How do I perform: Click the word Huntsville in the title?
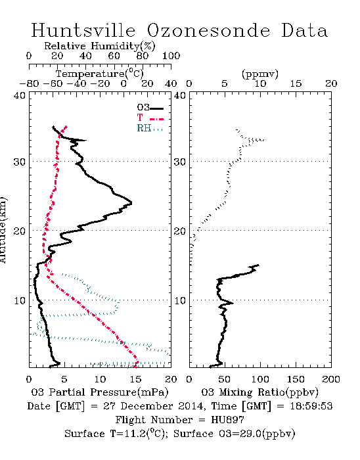pos(83,30)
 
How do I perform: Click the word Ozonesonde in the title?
pos(208,30)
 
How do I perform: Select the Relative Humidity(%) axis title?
pos(100,46)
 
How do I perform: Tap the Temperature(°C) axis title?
pos(100,74)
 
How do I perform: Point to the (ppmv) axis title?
pos(260,74)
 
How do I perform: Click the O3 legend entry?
pos(150,108)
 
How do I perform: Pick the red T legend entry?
pos(150,118)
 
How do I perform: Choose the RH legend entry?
pos(150,128)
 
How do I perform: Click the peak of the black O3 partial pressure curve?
pos(131,202)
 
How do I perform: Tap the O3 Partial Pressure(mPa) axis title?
pos(100,392)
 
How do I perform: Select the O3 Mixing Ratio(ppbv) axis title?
pos(259,392)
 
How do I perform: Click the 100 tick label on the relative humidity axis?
pos(171,56)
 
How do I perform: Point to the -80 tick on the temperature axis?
pos(29,83)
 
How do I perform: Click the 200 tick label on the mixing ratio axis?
pos(331,379)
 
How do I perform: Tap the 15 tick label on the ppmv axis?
pos(296,83)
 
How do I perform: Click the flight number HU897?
pos(227,420)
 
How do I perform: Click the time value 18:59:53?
pos(311,406)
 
